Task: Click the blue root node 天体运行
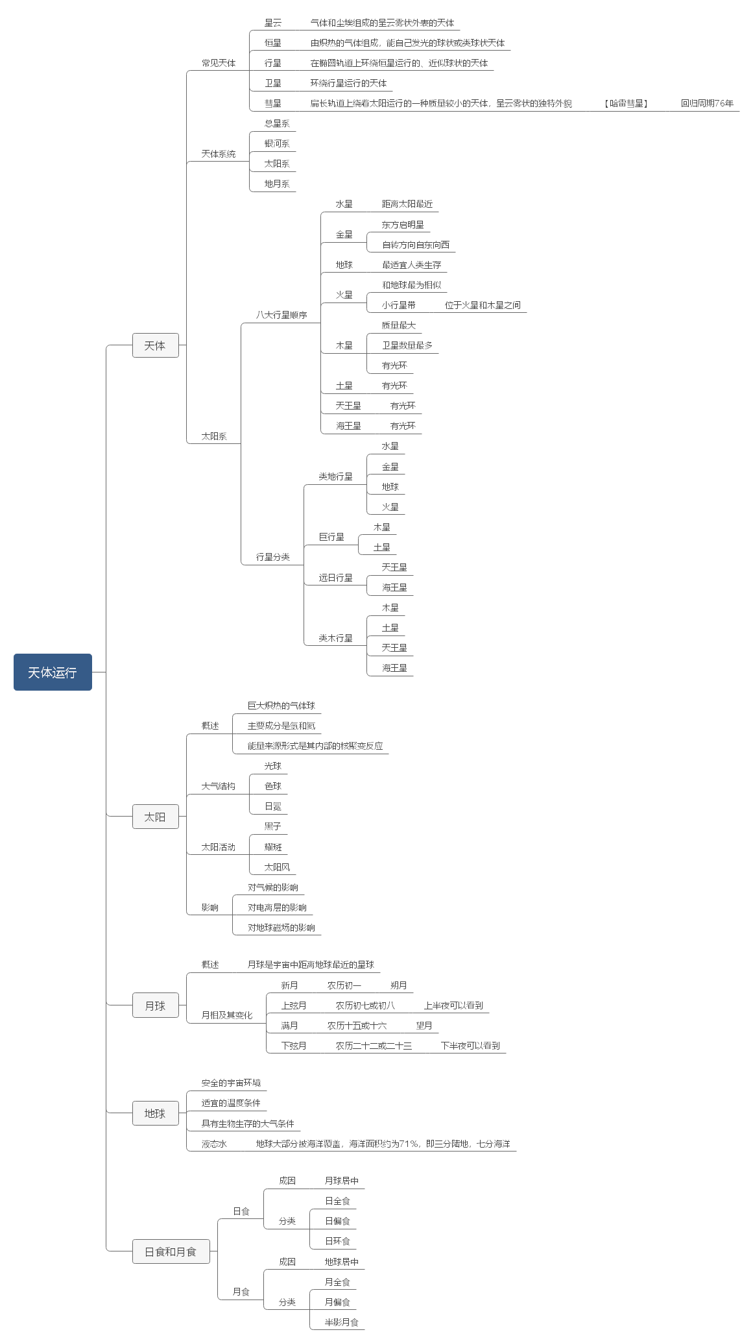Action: tap(53, 672)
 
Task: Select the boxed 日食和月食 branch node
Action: tap(171, 1251)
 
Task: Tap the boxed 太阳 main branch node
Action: tap(155, 817)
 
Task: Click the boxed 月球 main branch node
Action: tap(155, 1005)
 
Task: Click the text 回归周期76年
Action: tap(707, 103)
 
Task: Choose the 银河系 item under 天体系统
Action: tap(277, 143)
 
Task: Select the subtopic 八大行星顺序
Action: tap(281, 315)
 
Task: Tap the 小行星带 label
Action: tap(399, 305)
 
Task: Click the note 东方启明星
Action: tap(403, 225)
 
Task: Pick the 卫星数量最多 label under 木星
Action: tap(407, 345)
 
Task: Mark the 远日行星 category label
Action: tap(335, 578)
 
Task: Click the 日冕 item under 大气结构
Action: tap(273, 806)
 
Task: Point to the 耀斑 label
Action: tap(273, 847)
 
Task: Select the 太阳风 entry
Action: tap(277, 867)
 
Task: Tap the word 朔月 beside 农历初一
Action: tap(399, 985)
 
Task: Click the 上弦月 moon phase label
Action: tap(294, 1005)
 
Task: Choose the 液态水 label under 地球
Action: tap(214, 1144)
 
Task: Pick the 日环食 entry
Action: tap(337, 1241)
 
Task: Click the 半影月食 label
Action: tap(342, 1322)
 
